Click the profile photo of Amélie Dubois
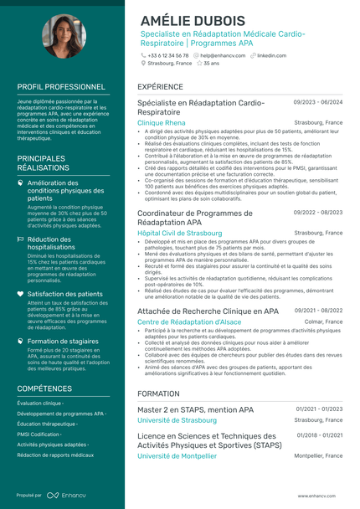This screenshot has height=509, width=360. point(64,36)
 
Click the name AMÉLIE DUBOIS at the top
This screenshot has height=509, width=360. point(193,20)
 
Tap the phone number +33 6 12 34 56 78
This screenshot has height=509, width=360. point(168,55)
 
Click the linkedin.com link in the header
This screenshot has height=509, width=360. point(271,55)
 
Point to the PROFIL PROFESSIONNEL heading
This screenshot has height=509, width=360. point(61,86)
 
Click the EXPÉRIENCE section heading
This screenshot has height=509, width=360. point(160,86)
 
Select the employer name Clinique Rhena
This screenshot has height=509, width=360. point(162,122)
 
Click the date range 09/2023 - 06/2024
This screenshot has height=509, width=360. point(317,102)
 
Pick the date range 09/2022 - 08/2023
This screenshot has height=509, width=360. point(317,213)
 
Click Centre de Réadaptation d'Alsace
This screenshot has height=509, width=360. point(188,321)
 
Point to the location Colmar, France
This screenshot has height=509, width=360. point(323,321)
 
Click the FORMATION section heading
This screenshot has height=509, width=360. point(158,393)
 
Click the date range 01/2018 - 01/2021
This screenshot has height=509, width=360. point(318,435)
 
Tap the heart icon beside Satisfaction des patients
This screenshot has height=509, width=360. point(21,294)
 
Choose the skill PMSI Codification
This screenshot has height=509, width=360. point(39,434)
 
